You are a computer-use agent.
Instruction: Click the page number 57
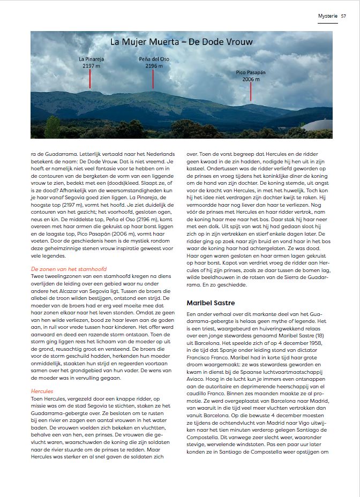[x=343, y=16]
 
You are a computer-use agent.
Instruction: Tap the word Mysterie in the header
[x=328, y=16]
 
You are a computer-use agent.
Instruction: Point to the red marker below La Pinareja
[x=90, y=79]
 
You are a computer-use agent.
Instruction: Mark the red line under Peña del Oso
[x=153, y=79]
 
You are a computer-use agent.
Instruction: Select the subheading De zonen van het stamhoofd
[x=69, y=268]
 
